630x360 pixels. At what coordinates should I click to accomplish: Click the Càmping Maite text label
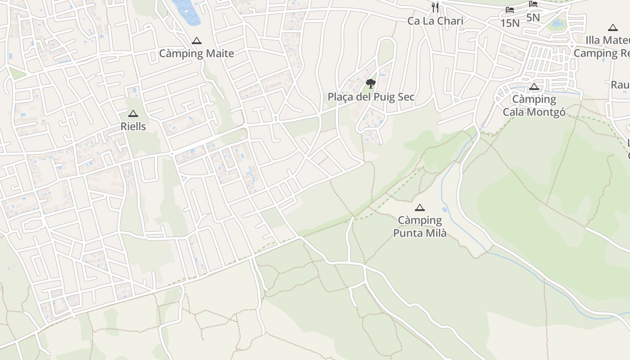(197, 54)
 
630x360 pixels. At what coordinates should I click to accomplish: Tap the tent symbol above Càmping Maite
(197, 41)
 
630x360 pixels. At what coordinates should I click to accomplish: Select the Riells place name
(133, 126)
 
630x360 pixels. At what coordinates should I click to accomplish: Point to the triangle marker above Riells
(133, 114)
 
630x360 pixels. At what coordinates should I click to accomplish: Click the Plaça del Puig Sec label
(371, 97)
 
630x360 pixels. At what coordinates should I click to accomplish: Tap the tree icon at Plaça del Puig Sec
(371, 83)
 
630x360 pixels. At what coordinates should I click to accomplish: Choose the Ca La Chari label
(435, 21)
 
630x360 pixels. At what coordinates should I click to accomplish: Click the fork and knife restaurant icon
(435, 8)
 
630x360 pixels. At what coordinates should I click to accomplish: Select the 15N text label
(510, 23)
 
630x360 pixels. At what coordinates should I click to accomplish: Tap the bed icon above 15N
(510, 9)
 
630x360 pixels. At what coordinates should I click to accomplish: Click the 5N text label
(533, 18)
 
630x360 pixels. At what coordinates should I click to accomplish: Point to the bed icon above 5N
(533, 4)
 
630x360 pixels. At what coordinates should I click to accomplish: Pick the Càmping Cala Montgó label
(534, 105)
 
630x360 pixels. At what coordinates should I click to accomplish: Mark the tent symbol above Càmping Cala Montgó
(534, 86)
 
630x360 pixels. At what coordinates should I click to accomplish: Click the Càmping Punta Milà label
(420, 226)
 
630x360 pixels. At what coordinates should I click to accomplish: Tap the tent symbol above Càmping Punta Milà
(420, 207)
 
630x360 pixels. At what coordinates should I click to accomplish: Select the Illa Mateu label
(607, 40)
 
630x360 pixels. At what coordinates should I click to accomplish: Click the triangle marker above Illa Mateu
(612, 28)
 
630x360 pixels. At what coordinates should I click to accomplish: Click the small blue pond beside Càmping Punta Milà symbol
(445, 210)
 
